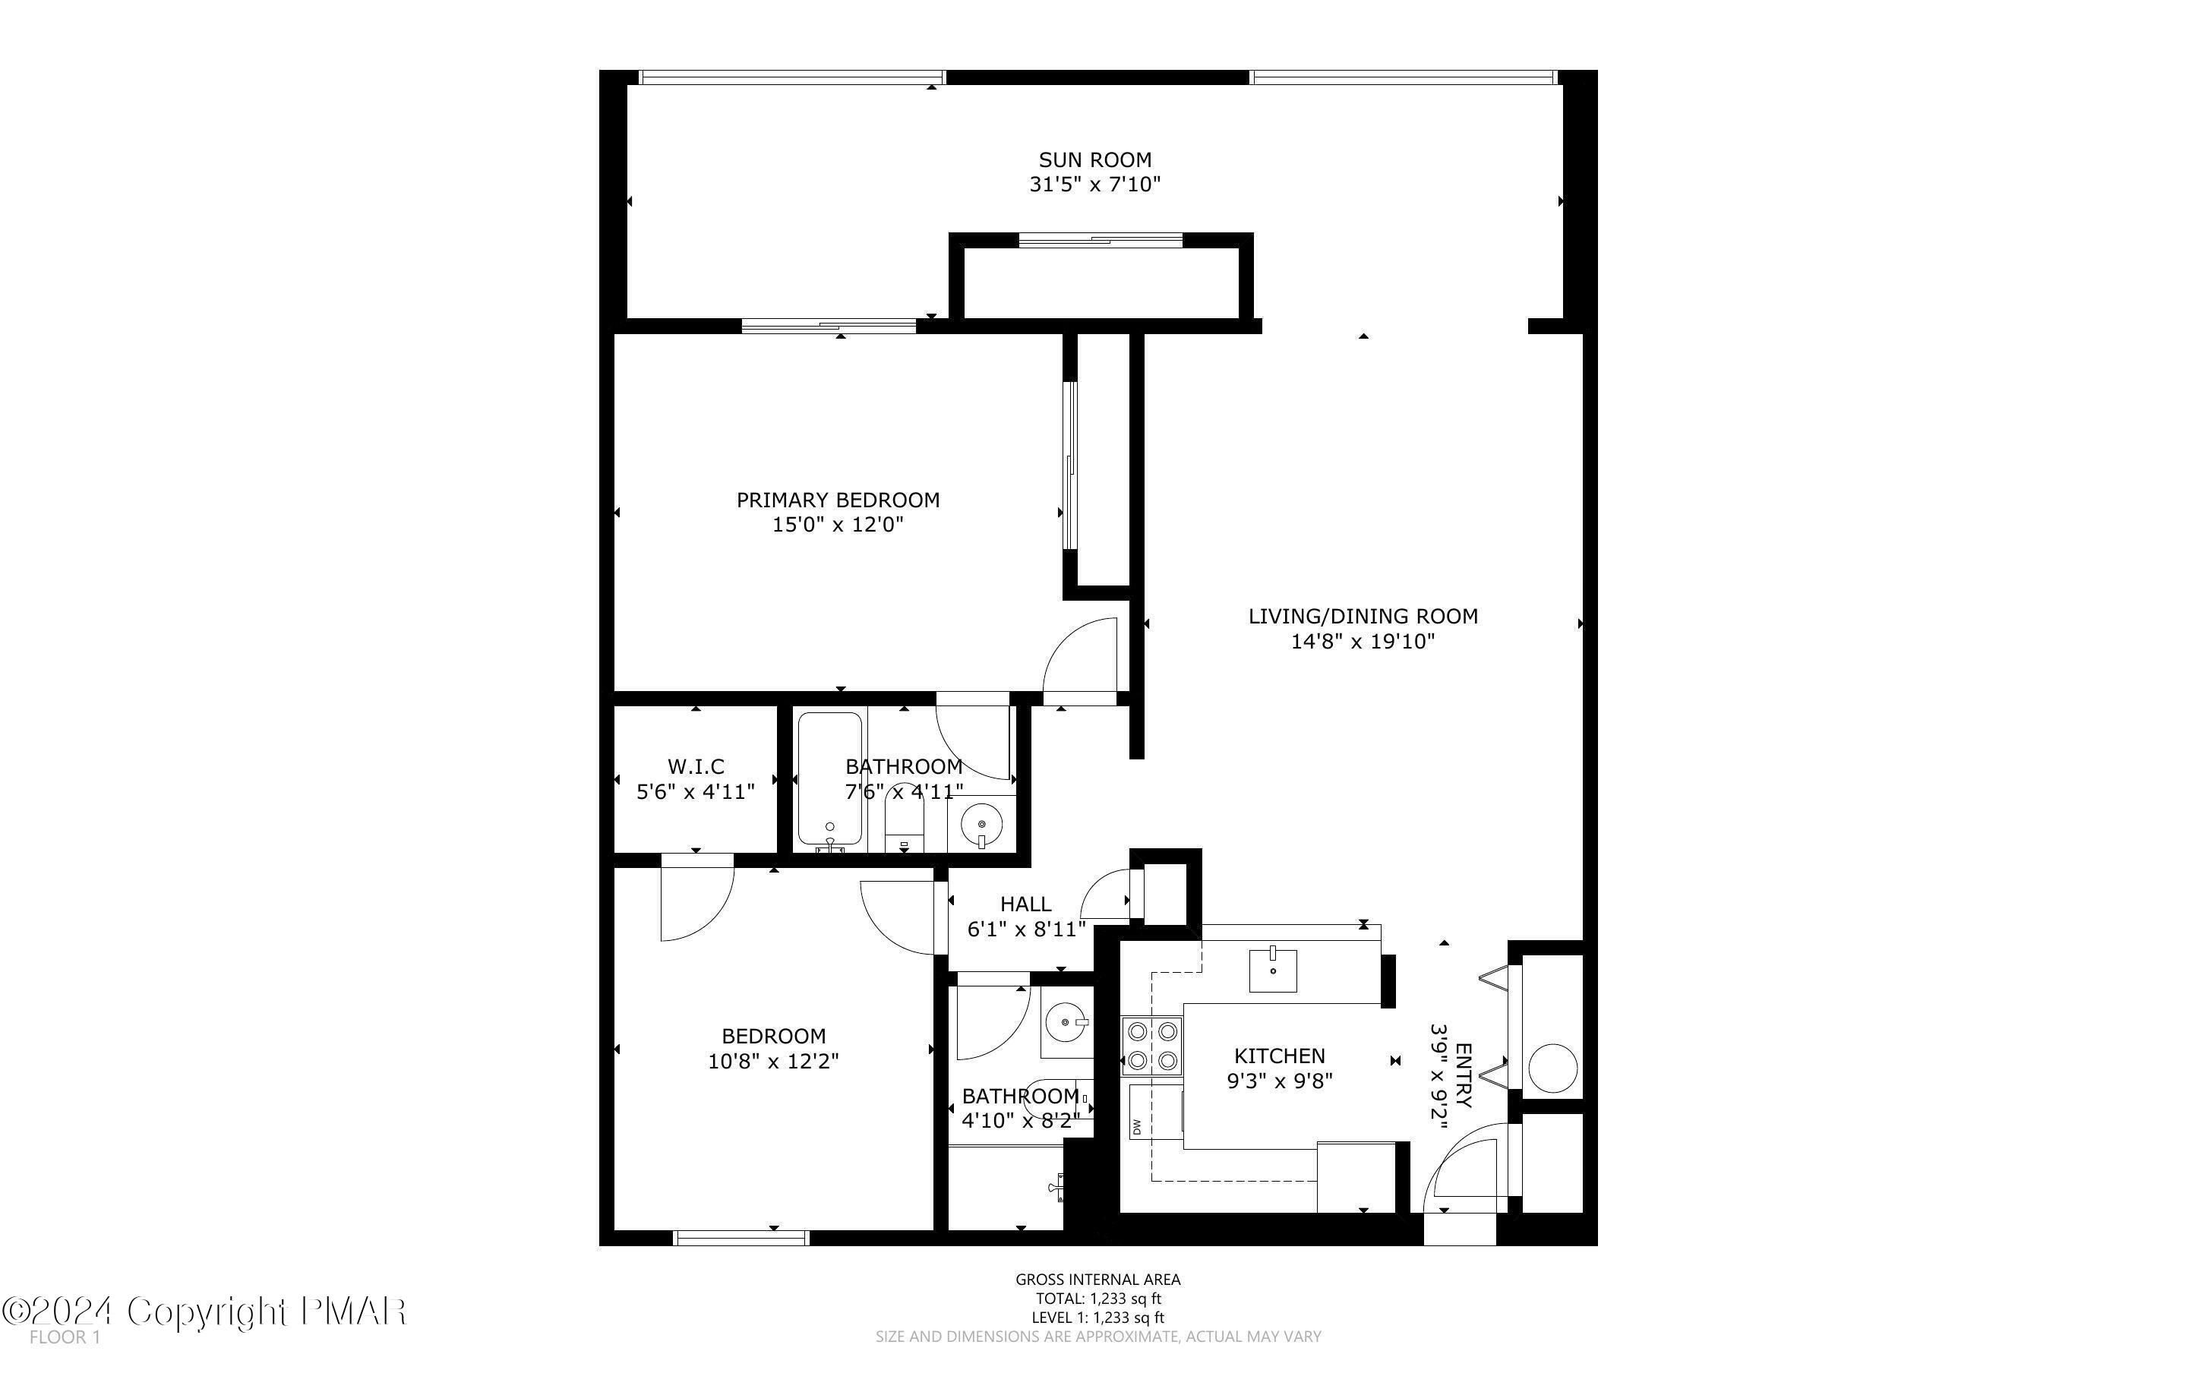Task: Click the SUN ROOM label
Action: pyautogui.click(x=1095, y=159)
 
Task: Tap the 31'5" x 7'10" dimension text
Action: pyautogui.click(x=1095, y=185)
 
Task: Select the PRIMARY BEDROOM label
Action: pyautogui.click(x=837, y=500)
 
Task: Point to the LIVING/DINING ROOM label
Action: pyautogui.click(x=1363, y=616)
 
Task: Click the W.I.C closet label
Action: pyautogui.click(x=696, y=766)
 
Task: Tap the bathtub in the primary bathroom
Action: pyautogui.click(x=829, y=779)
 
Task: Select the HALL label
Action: pyautogui.click(x=1025, y=904)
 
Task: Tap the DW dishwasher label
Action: pyautogui.click(x=1135, y=1127)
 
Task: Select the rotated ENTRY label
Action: pyautogui.click(x=1464, y=1075)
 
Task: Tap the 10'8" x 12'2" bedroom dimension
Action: pyautogui.click(x=772, y=1061)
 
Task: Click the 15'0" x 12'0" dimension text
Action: pyautogui.click(x=837, y=524)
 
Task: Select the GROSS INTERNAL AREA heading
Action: pyautogui.click(x=1097, y=1280)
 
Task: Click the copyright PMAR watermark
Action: pyautogui.click(x=204, y=1311)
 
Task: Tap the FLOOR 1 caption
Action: pyautogui.click(x=65, y=1337)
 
